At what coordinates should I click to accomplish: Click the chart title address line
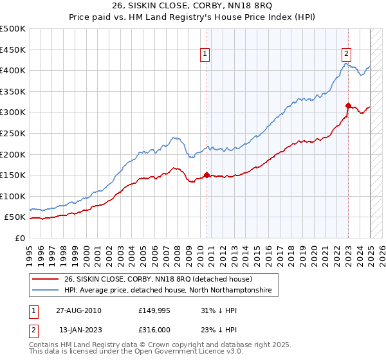[x=192, y=7]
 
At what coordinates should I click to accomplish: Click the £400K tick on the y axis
[x=14, y=70]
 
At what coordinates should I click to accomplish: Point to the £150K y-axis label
[x=14, y=175]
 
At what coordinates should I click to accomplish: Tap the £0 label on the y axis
[x=20, y=238]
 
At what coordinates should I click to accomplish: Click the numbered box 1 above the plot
[x=205, y=55]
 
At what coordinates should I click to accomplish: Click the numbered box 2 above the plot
[x=346, y=55]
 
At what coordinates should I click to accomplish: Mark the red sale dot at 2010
[x=207, y=175]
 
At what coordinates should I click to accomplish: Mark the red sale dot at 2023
[x=348, y=105]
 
